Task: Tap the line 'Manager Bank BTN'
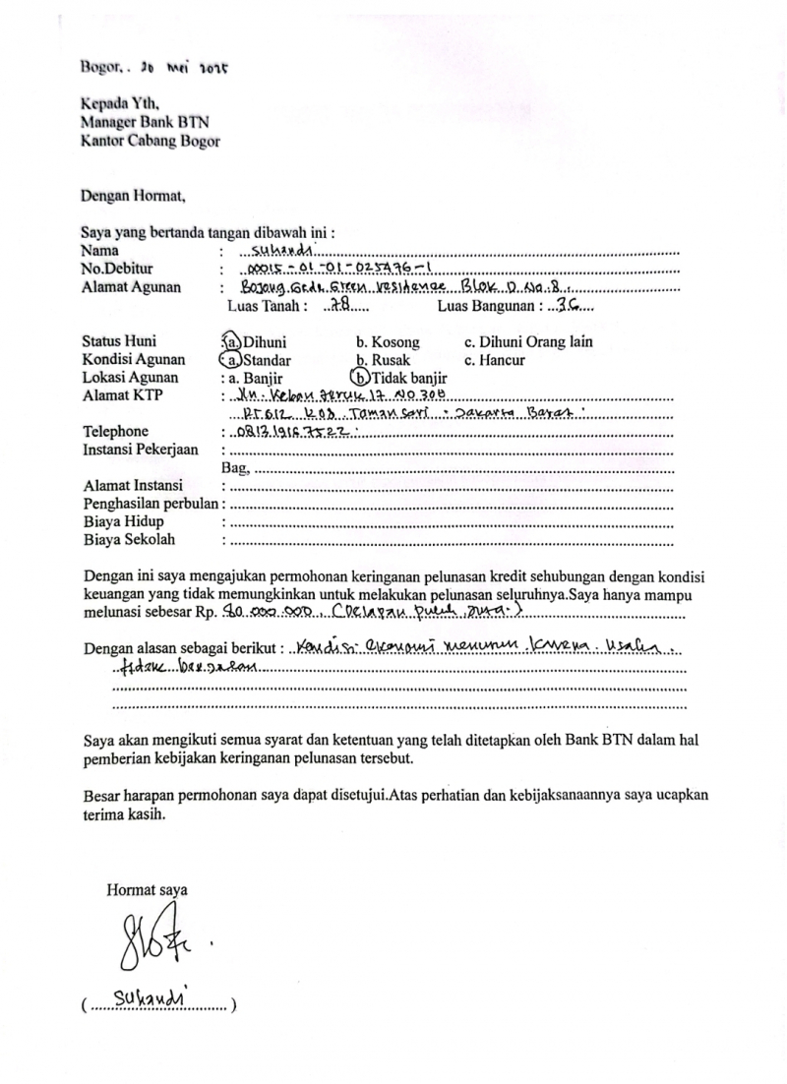(x=145, y=122)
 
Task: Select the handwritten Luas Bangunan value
(x=568, y=306)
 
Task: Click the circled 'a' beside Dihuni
(x=231, y=342)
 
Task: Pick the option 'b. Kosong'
(x=388, y=343)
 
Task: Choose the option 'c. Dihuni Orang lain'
(x=528, y=343)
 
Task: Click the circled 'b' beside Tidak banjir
(x=361, y=378)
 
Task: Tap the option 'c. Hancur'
(x=495, y=361)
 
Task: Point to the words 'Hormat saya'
(x=148, y=890)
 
